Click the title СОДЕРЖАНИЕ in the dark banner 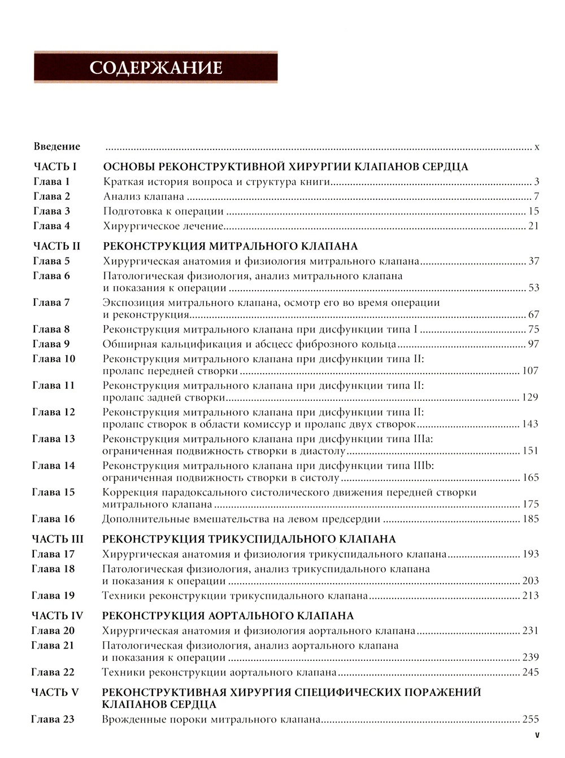click(156, 68)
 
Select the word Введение click(57, 147)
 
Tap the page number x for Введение click(537, 147)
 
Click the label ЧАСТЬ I click(55, 167)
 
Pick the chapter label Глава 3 click(51, 211)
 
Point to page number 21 click(533, 226)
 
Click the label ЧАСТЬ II click(57, 246)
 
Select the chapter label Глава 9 click(51, 344)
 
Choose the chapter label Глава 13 click(54, 439)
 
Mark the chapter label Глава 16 click(54, 519)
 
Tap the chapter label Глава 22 click(54, 672)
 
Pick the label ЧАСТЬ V click(55, 692)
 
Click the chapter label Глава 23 click(54, 719)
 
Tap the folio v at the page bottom click(537, 735)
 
